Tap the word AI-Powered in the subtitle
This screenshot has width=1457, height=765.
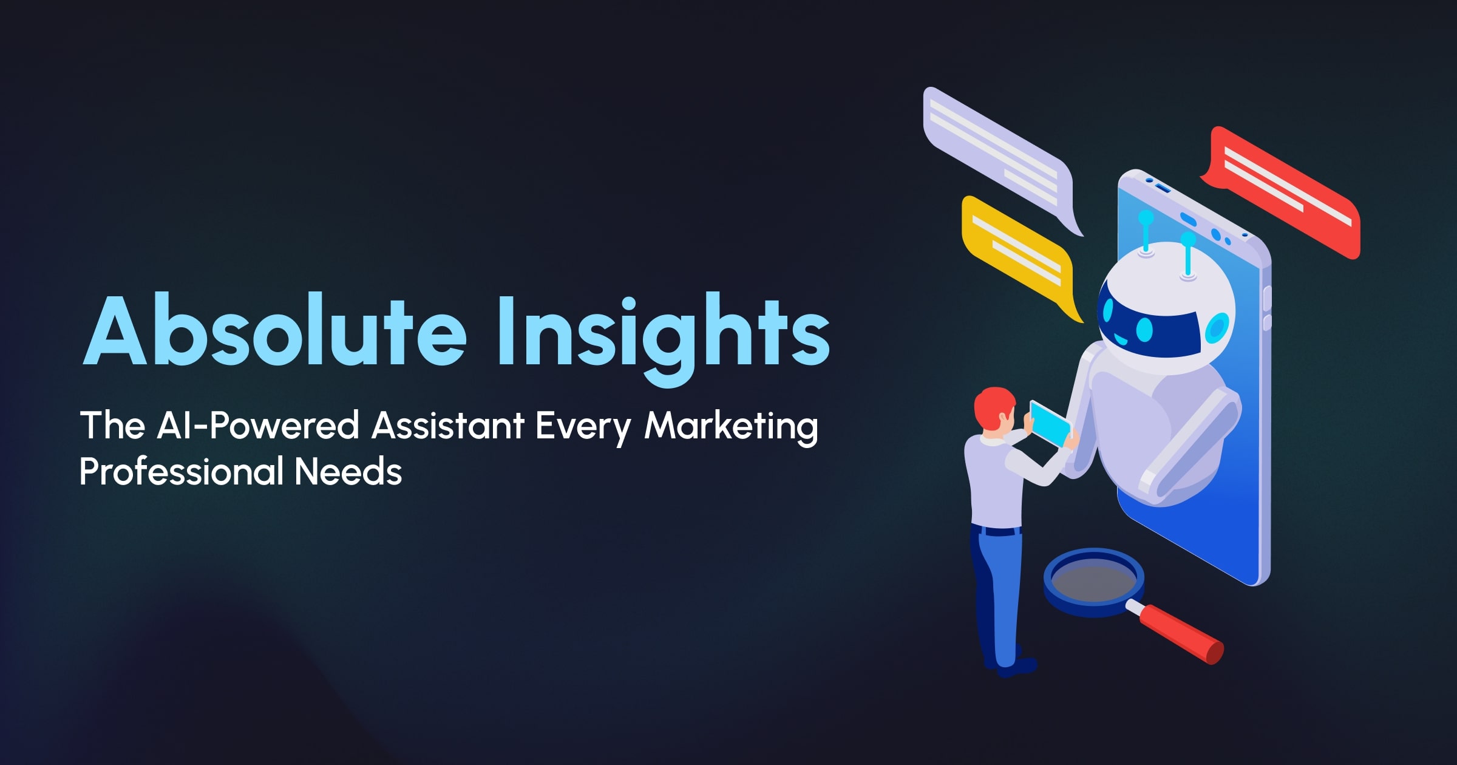coord(258,425)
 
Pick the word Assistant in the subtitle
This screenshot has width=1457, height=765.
coord(447,425)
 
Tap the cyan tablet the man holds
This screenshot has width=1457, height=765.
coord(1050,424)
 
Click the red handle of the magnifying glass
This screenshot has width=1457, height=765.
coord(1180,634)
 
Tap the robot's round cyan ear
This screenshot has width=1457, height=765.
coord(1217,328)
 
